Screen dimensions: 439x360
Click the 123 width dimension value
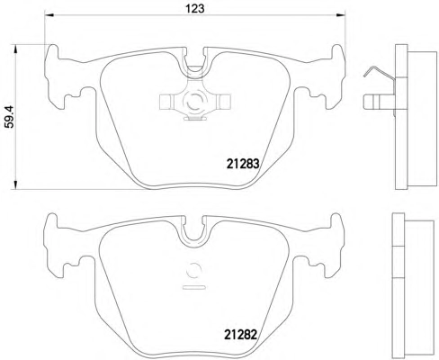195,8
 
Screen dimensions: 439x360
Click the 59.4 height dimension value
10,117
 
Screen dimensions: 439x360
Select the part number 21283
243,164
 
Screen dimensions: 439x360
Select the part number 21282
241,335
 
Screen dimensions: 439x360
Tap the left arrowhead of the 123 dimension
49,15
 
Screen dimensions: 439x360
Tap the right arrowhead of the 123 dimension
341,15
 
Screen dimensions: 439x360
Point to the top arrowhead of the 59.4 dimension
15,49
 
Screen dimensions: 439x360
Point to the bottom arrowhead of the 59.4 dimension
15,184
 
